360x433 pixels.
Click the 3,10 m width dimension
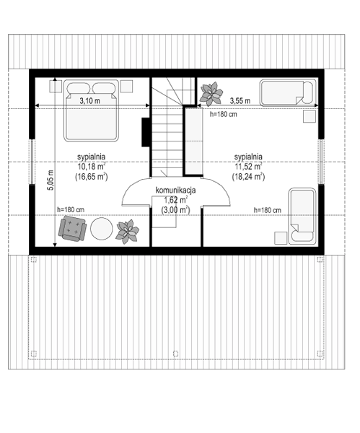pos(90,101)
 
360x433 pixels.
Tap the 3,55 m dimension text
pos(240,101)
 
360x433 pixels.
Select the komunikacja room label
pos(175,191)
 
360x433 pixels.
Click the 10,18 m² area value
pos(91,167)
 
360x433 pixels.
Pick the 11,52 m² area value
pos(248,167)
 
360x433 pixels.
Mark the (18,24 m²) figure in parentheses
pos(248,177)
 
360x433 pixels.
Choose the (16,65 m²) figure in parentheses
pos(91,177)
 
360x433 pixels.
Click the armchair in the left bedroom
pos(72,229)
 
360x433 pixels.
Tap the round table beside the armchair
pos(101,229)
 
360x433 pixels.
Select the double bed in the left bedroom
pos(91,110)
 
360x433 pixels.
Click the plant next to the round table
pos(127,232)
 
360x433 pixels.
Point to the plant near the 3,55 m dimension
pos(211,94)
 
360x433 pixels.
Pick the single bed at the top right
pos(288,92)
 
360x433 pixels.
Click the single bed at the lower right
pos(302,216)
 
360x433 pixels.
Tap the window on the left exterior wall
pos(32,161)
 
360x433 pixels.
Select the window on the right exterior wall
pos(321,161)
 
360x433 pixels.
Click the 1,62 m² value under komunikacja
pos(176,200)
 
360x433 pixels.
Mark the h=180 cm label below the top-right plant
pos(223,114)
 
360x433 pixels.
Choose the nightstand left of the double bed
pos(56,86)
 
